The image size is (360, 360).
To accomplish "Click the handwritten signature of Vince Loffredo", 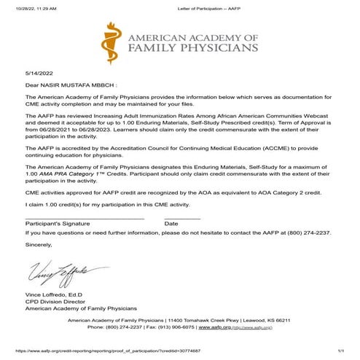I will tap(58, 272).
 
